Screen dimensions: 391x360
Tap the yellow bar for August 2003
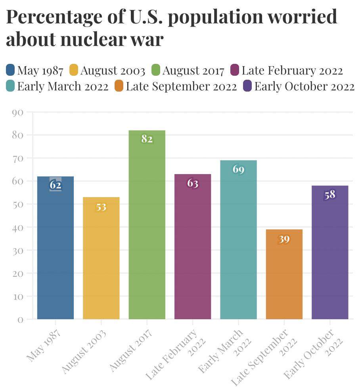pos(101,258)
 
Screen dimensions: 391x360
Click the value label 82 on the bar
pos(147,139)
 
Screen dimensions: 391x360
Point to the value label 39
pos(284,239)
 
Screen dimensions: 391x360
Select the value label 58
pos(330,195)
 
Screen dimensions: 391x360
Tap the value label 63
pos(193,183)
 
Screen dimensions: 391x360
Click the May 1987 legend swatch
pos(11,71)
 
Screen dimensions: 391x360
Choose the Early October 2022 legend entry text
pos(304,86)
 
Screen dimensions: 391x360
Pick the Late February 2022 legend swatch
pos(235,71)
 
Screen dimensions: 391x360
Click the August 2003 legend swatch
pos(74,71)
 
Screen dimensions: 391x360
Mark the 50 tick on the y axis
pos(19,204)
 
